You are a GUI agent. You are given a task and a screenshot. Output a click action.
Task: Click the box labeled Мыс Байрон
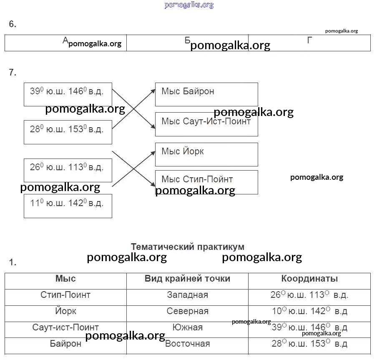[x=206, y=94]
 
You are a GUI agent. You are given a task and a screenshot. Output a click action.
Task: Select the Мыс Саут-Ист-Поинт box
[x=206, y=123]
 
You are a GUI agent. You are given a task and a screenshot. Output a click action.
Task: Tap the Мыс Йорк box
[x=206, y=154]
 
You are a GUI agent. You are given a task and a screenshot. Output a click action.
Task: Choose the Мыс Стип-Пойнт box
[x=206, y=181]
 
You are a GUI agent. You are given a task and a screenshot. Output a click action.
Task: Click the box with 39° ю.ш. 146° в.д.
[x=68, y=94]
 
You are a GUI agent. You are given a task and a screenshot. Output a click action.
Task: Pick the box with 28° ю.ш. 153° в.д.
[x=68, y=132]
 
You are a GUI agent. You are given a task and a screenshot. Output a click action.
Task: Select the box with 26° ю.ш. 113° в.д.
[x=68, y=170]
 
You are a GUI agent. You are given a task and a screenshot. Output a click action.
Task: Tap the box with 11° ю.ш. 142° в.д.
[x=68, y=205]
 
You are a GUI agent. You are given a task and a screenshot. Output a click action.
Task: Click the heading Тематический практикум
[x=188, y=247]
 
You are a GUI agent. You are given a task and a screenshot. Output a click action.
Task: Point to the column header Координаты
[x=309, y=279]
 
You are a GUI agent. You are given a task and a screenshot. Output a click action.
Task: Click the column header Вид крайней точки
[x=187, y=279]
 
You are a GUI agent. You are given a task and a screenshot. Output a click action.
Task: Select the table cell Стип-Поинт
[x=65, y=295]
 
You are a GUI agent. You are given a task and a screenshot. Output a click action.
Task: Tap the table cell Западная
[x=187, y=295]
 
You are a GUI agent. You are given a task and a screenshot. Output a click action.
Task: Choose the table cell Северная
[x=187, y=311]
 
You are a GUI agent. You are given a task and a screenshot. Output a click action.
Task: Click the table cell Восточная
[x=187, y=344]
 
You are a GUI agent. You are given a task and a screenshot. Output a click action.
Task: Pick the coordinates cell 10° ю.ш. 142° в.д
[x=309, y=311]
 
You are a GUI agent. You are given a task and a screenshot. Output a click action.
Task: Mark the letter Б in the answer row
[x=187, y=40]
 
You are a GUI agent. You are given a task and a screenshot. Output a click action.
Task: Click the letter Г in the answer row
[x=309, y=40]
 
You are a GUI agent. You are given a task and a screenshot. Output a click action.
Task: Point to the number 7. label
[x=13, y=73]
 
